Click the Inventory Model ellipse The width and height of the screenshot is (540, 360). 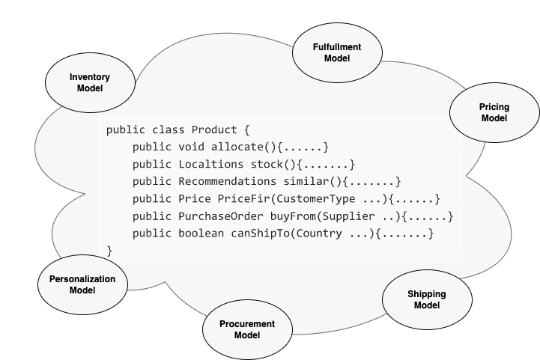tap(90, 83)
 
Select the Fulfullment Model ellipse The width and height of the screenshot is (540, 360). tap(336, 52)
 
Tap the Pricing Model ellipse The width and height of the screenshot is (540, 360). tap(494, 113)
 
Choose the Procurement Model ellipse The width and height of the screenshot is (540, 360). tap(247, 329)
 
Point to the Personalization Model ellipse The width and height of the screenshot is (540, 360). tap(82, 284)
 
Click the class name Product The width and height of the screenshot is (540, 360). tap(216, 129)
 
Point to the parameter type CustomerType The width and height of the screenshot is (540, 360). tap(315, 198)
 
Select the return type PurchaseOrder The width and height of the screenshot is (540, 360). tap(219, 216)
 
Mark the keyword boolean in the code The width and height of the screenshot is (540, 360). tap(203, 233)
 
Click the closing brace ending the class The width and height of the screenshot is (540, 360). tap(110, 250)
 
